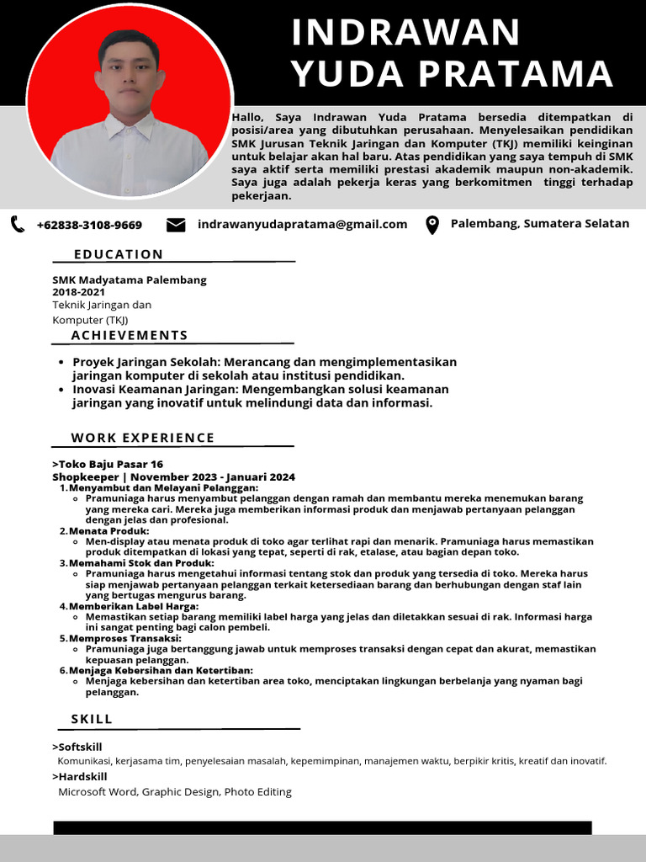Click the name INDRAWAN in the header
[x=405, y=33]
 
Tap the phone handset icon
[x=18, y=224]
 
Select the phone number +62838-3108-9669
[x=89, y=225]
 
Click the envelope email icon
[x=176, y=225]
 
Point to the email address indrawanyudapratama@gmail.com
[x=302, y=224]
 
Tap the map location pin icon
[x=432, y=225]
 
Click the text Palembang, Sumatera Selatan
[x=540, y=223]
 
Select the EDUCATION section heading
[x=119, y=254]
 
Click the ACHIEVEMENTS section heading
[x=130, y=335]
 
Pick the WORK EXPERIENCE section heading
[x=143, y=438]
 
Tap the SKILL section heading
[x=92, y=719]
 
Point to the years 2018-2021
[x=79, y=292]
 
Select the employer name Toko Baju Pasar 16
[x=110, y=464]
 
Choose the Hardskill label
[x=82, y=776]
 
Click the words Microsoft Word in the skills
[x=97, y=792]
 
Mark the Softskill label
[x=80, y=747]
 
